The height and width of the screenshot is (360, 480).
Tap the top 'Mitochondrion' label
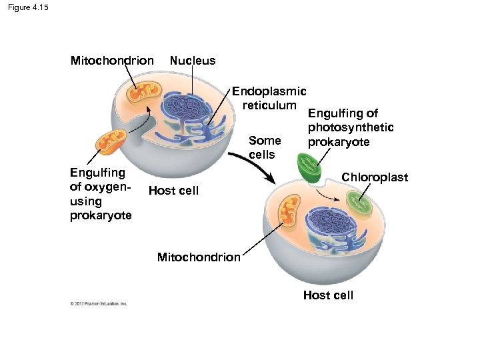112,61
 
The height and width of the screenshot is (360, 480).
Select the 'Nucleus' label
193,61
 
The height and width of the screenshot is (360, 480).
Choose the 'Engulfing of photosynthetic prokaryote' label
350,128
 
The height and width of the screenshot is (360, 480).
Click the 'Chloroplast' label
375,177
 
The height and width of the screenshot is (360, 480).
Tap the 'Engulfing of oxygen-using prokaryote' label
101,194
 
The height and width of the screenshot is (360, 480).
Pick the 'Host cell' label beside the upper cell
173,191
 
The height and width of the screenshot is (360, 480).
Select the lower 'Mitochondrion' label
199,257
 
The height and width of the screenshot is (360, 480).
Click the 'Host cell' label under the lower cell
328,295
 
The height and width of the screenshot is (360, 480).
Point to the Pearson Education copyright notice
98,304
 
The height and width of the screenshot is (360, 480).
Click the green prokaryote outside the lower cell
309,167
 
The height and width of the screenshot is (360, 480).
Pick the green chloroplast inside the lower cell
359,202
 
